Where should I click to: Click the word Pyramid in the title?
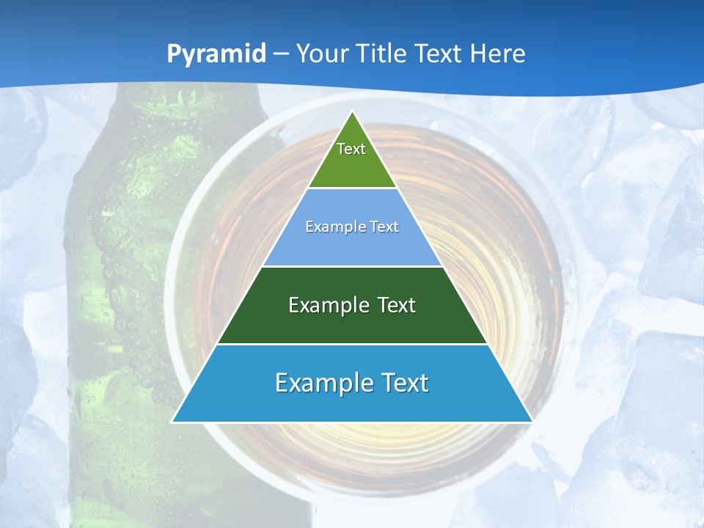[216, 54]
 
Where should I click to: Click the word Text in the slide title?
[440, 54]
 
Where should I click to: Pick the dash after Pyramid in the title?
[280, 54]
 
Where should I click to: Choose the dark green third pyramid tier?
[352, 323]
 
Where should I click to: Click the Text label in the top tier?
[351, 149]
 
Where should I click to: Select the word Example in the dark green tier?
[327, 305]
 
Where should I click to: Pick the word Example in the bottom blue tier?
[320, 383]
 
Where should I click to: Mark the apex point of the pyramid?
[352, 112]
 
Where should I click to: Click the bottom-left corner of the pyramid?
[173, 422]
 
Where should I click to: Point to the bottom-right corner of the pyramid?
[531, 422]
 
